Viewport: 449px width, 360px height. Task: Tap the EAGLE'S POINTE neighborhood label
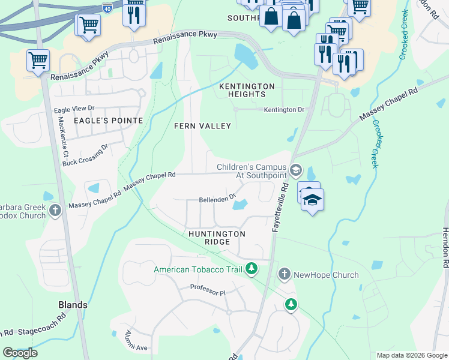[108, 121]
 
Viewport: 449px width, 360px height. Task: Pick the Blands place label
[72, 305]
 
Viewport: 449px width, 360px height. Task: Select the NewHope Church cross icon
[285, 275]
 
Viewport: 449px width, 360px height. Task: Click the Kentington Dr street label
[284, 110]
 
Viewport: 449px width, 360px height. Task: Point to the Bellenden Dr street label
[217, 200]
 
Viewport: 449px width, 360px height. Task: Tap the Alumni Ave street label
[136, 340]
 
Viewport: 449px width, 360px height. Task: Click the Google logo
[20, 353]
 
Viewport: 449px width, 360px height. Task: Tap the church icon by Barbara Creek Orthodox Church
[55, 210]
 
